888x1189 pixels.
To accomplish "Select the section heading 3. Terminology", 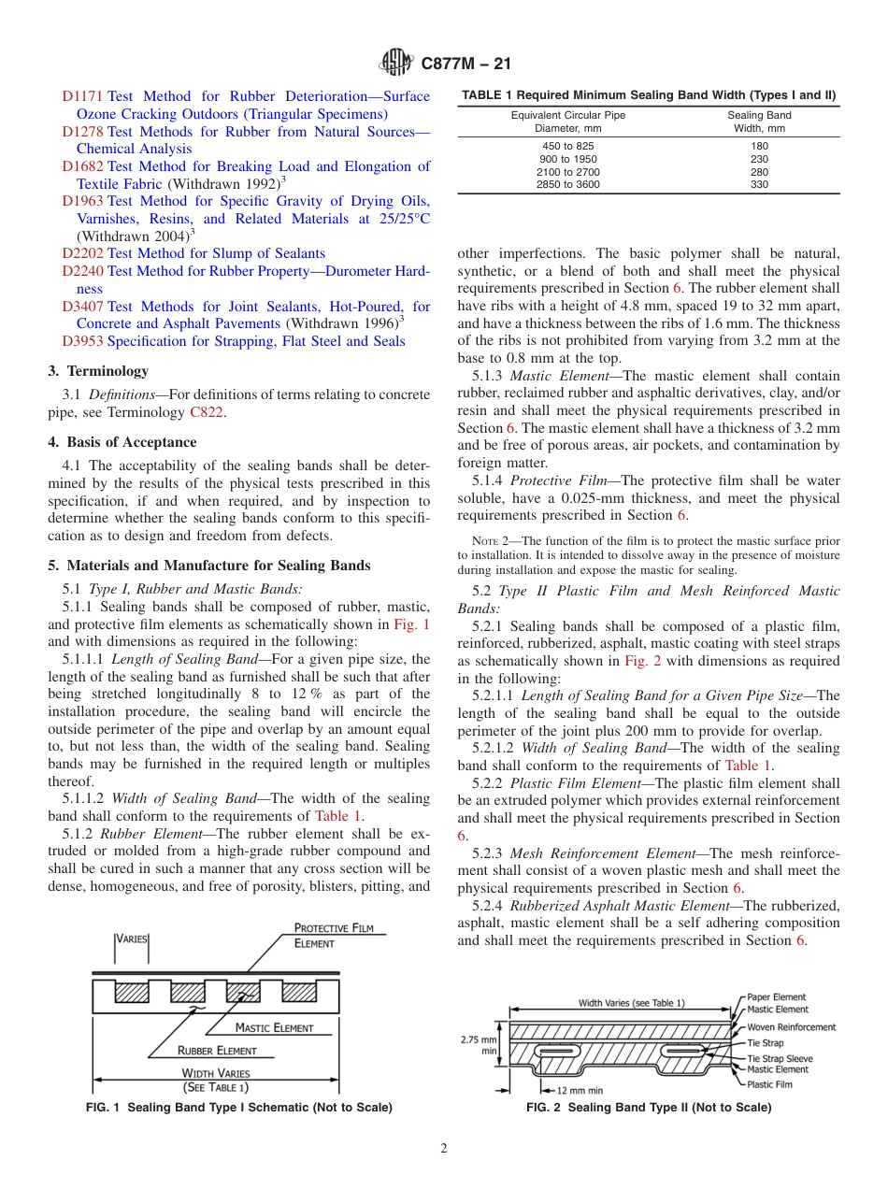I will [98, 371].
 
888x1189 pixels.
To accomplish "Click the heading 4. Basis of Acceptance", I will [122, 442].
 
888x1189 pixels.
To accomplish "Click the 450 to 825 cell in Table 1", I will [567, 146].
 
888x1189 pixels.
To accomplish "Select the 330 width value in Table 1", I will [759, 185].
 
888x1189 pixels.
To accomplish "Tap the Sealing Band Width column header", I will [759, 122].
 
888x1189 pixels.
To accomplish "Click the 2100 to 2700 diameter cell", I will [567, 172].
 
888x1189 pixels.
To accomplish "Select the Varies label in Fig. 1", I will [132, 938].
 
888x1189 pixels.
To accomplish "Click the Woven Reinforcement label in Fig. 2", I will [791, 1027].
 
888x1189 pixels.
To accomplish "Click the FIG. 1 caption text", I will [238, 1108].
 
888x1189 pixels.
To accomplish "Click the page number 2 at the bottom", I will [444, 1149].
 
